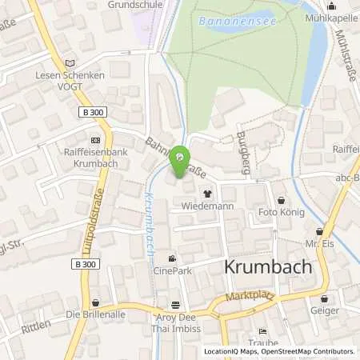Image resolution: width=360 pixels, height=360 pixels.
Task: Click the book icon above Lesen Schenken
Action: pos(70,63)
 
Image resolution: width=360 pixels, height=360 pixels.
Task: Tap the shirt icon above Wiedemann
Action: pos(208,193)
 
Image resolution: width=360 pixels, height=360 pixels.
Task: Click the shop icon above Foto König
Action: pos(280,201)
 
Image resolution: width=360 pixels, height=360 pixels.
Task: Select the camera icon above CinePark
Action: pos(172,258)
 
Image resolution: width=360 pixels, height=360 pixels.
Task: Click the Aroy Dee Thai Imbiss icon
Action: pos(176,304)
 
